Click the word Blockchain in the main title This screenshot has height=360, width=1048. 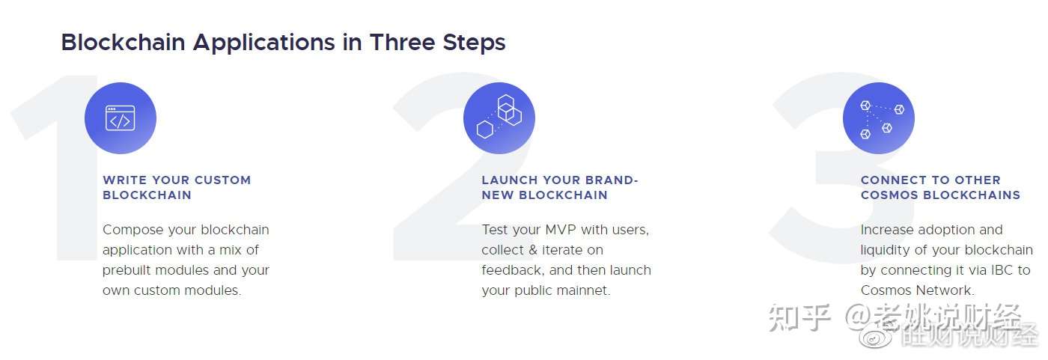(123, 42)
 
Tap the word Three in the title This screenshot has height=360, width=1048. (403, 42)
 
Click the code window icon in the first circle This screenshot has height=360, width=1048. (121, 118)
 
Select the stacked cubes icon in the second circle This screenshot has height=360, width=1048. (499, 117)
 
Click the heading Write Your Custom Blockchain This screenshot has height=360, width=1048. (177, 187)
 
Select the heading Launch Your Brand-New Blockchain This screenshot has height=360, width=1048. (560, 187)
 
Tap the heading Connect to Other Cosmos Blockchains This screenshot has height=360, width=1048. (940, 187)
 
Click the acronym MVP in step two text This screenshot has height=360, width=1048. (561, 230)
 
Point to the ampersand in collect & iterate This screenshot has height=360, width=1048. (533, 250)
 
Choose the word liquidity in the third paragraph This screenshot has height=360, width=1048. (885, 250)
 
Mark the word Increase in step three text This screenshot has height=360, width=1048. (888, 230)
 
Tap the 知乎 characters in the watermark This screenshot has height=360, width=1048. (799, 318)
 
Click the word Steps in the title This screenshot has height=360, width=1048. (474, 43)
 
